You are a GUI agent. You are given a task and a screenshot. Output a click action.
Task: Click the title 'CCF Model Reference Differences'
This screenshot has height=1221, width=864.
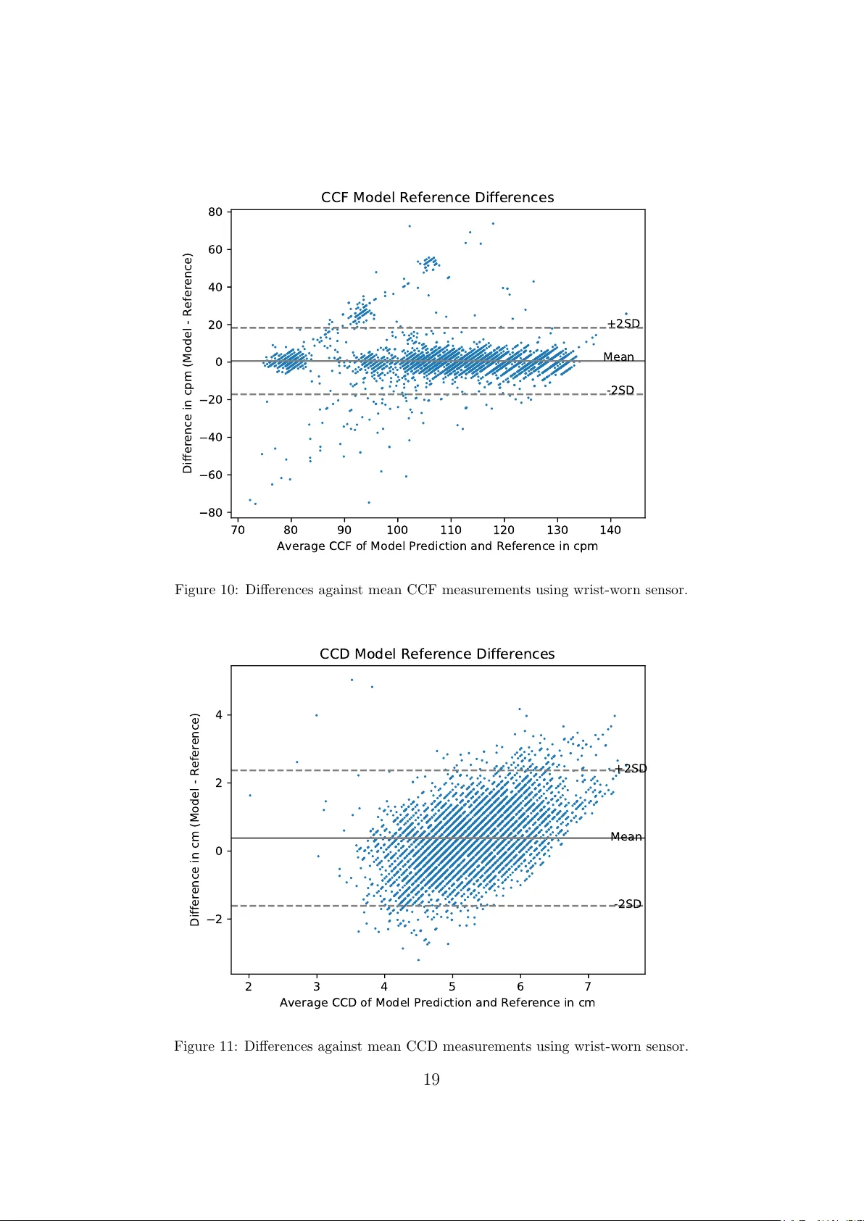pos(437,198)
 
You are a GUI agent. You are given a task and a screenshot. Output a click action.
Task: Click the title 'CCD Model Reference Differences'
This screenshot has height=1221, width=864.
pos(437,654)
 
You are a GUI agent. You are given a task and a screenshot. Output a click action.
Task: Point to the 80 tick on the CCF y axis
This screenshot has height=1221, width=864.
pos(215,212)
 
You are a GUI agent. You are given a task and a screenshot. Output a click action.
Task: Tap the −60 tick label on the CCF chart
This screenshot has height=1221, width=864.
pos(211,475)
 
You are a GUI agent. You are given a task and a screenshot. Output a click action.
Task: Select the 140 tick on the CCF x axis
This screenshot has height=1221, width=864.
pos(610,530)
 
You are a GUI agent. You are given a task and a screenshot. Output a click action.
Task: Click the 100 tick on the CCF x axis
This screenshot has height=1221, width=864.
pos(397,530)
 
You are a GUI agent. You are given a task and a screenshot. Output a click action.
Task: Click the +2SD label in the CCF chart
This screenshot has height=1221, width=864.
pos(623,324)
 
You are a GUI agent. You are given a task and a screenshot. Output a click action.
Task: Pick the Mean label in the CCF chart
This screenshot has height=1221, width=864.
pos(618,357)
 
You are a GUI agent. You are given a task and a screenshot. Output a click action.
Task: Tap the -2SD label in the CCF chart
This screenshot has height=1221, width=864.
pos(620,391)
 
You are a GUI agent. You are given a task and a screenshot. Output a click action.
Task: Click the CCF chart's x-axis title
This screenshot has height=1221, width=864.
pos(437,546)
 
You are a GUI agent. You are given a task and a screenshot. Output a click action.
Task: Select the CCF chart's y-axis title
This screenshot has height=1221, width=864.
pos(188,363)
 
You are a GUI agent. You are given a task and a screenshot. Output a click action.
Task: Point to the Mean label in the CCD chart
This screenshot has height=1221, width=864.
pos(626,837)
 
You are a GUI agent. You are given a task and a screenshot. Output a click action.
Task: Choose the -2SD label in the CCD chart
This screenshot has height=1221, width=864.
pos(628,904)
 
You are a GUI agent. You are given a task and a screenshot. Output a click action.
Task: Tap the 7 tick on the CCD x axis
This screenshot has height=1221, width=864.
pos(588,986)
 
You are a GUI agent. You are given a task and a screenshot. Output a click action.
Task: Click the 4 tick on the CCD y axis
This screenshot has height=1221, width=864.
pos(219,715)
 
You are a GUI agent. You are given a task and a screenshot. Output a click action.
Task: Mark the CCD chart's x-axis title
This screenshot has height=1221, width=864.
pos(437,1003)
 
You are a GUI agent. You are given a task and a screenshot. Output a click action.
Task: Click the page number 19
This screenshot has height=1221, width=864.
pos(431,1080)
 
